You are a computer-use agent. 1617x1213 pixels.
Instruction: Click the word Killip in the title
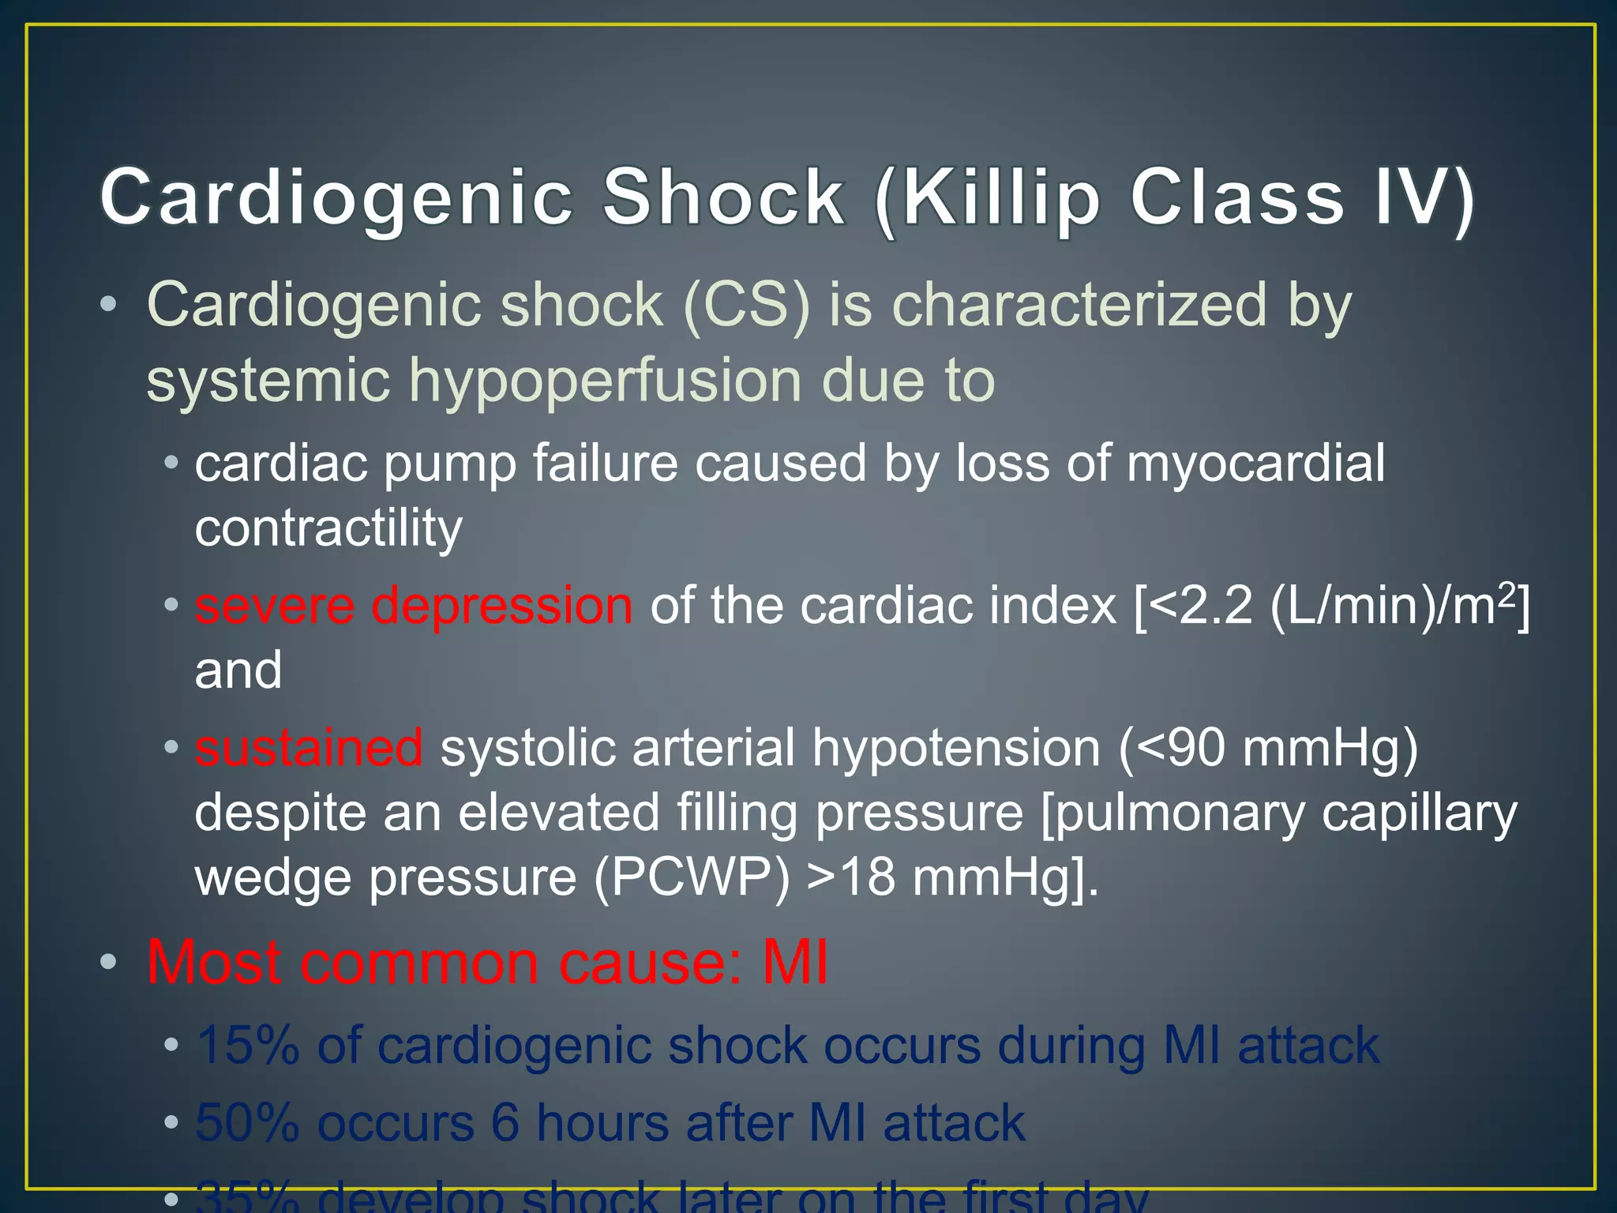click(x=1000, y=199)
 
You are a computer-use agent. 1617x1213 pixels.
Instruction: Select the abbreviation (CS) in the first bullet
click(x=747, y=306)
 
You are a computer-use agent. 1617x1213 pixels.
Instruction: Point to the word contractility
click(x=328, y=528)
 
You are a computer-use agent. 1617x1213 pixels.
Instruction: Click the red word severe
click(x=275, y=606)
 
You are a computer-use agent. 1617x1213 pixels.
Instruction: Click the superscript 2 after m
click(x=1506, y=592)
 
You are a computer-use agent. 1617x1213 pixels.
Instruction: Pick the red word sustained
click(x=309, y=748)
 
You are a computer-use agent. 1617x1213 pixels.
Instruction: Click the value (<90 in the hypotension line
click(x=1172, y=748)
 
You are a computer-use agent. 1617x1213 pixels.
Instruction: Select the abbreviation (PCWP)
click(x=692, y=877)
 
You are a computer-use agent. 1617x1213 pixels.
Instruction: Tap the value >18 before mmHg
click(x=851, y=877)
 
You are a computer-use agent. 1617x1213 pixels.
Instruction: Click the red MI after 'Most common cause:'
click(x=795, y=963)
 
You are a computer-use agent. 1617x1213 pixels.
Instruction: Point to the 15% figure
click(x=247, y=1046)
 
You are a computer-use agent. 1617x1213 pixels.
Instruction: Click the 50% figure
click(x=247, y=1123)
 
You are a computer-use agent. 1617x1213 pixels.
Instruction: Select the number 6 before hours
click(x=505, y=1123)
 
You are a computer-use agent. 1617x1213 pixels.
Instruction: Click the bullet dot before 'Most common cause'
click(x=109, y=963)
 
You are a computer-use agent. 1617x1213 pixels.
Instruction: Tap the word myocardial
click(x=1255, y=464)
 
